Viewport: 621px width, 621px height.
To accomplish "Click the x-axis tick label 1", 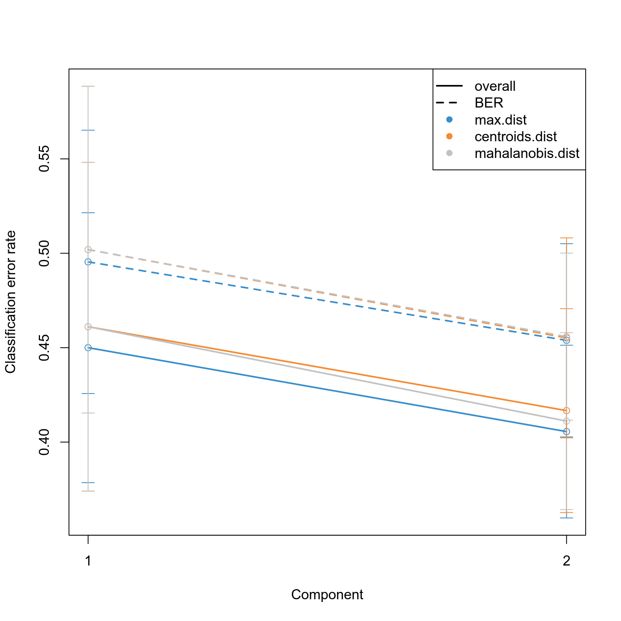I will [88, 561].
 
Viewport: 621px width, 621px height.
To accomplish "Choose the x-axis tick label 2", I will [566, 561].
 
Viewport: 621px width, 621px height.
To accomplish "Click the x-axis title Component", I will [327, 595].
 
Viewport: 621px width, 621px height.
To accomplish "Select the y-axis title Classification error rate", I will [10, 302].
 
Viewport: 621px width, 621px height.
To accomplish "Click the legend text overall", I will [495, 86].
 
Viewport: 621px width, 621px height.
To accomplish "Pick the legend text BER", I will [489, 103].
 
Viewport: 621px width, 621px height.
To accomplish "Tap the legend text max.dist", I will [500, 120].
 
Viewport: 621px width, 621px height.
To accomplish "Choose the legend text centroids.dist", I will [515, 137].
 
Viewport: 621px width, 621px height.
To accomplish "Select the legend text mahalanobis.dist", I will [527, 153].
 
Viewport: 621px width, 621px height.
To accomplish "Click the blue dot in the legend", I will [449, 120].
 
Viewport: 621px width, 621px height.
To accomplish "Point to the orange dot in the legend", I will [449, 136].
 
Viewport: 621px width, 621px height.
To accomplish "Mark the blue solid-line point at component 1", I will [88, 348].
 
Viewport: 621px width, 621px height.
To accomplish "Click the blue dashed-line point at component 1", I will [88, 262].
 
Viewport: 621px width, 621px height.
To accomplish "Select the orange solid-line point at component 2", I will [566, 411].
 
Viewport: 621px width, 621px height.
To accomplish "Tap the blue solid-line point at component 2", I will [566, 432].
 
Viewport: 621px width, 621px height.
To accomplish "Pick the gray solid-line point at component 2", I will [566, 421].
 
